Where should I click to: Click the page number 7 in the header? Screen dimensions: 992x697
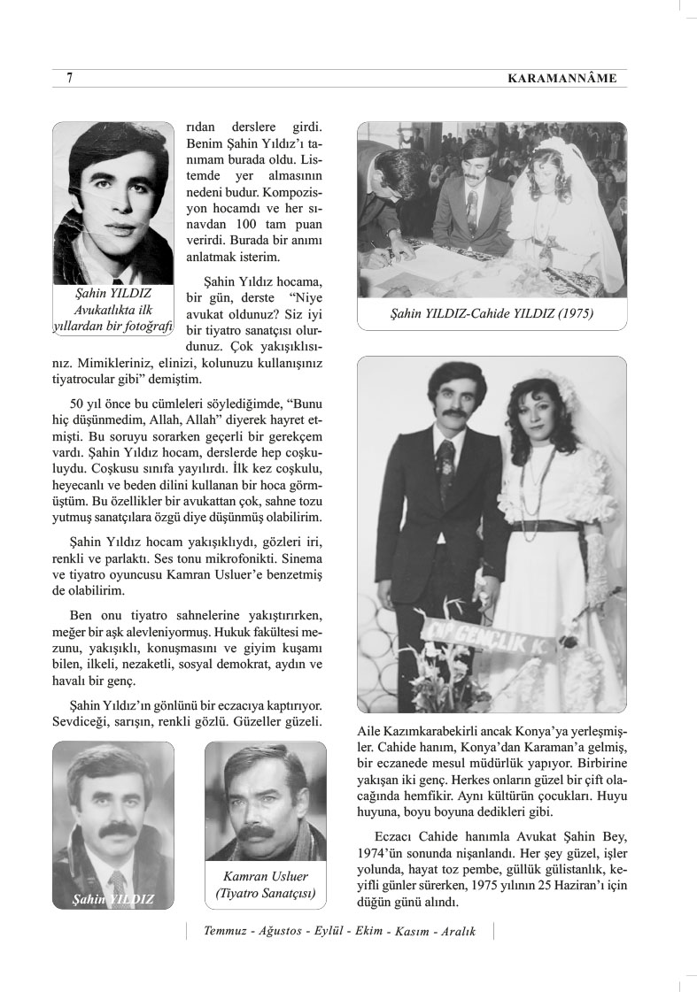click(70, 79)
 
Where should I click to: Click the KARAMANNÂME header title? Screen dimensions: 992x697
click(562, 79)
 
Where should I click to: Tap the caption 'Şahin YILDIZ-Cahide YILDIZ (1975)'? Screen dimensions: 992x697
click(492, 313)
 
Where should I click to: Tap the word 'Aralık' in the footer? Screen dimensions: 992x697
click(455, 932)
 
